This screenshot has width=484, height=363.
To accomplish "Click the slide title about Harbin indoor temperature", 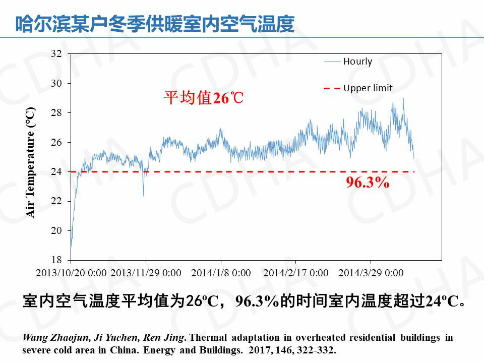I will point(155,24).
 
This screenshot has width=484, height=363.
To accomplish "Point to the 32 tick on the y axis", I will point(56,53).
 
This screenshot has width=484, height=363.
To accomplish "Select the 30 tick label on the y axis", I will point(56,83).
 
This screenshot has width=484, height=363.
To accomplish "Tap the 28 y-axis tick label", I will point(56,112).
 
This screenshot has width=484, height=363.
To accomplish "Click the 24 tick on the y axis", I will point(56,171).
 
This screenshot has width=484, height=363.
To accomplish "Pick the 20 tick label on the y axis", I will point(56,230).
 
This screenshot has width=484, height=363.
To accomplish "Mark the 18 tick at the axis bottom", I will point(56,260).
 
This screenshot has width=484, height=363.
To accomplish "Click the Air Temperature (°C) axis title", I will point(31,162).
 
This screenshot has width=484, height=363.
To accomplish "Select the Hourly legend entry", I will point(357,62).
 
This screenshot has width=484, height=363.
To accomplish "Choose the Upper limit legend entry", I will point(368,88).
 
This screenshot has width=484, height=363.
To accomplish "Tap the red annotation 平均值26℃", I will point(204,98).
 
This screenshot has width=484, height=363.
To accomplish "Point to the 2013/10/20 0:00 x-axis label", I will point(72,273).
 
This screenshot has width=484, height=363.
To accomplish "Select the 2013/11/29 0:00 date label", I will point(146,273).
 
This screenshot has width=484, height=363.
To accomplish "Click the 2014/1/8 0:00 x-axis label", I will point(221,273).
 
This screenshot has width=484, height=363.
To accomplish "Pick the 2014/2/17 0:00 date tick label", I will point(295,273).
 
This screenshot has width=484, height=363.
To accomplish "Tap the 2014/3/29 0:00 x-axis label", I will point(371,273).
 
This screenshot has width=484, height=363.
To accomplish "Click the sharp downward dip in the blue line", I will point(144,195).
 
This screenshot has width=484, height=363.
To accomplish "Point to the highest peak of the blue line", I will point(403,99).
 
